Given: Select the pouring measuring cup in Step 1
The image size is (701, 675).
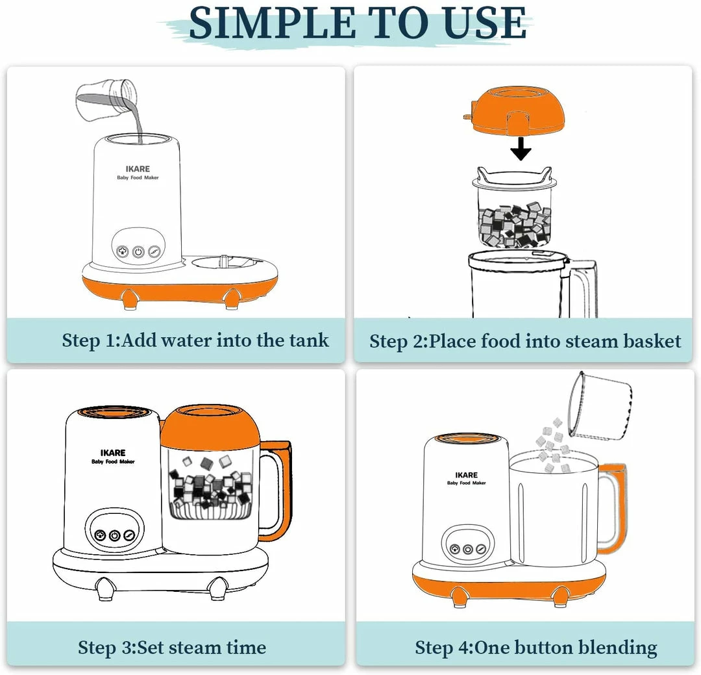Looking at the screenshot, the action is [106, 101].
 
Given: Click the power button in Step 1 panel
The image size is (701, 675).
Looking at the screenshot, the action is [138, 252].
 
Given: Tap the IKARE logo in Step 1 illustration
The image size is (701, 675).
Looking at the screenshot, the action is [138, 169].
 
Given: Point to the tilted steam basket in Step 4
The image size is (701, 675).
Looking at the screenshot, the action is [600, 406].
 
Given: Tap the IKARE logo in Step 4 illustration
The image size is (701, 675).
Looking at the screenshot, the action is [466, 475].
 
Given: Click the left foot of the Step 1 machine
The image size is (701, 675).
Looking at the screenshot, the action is [129, 299].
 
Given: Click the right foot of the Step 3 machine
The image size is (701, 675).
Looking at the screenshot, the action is [217, 588].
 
